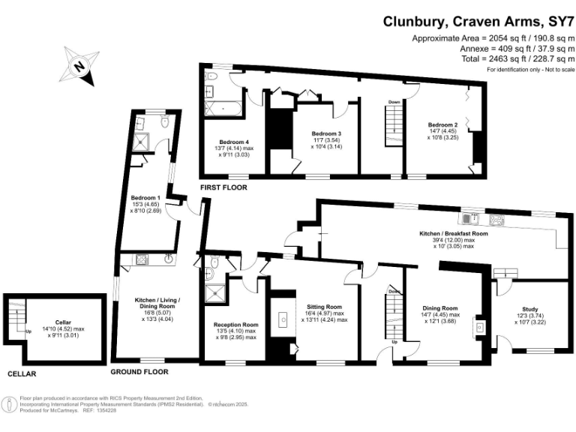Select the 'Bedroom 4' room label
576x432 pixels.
[234, 142]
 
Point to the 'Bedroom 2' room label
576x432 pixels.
[442, 124]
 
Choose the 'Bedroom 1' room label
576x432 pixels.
[145, 198]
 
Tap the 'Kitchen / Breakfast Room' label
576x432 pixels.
[454, 233]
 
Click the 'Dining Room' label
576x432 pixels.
[439, 308]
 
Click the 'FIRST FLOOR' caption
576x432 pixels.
[223, 187]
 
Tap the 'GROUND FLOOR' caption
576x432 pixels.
[139, 371]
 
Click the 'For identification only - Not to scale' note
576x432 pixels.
[530, 69]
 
